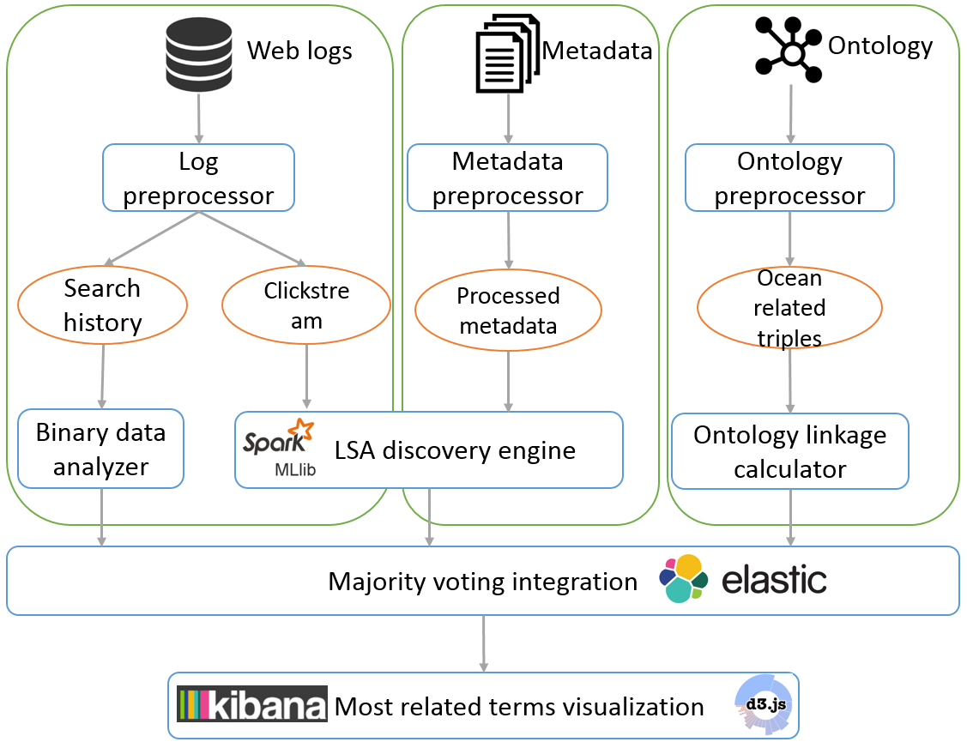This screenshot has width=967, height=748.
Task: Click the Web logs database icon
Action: (200, 57)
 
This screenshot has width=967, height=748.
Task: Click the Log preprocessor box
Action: (198, 178)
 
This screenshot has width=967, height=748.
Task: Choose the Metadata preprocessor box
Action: (508, 178)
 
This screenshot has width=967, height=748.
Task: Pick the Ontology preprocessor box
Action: (789, 178)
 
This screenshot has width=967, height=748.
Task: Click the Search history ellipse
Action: (102, 305)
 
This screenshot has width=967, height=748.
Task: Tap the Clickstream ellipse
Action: (306, 305)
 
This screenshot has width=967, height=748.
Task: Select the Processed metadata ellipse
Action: (508, 310)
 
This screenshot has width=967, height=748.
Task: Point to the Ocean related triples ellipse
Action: (789, 308)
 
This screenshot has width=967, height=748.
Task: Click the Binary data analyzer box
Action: (101, 449)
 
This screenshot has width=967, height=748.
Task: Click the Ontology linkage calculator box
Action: (789, 451)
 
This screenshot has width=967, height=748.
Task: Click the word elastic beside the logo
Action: (774, 581)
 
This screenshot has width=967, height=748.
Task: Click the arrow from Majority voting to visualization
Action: (484, 643)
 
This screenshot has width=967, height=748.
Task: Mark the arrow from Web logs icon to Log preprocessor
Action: (199, 118)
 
